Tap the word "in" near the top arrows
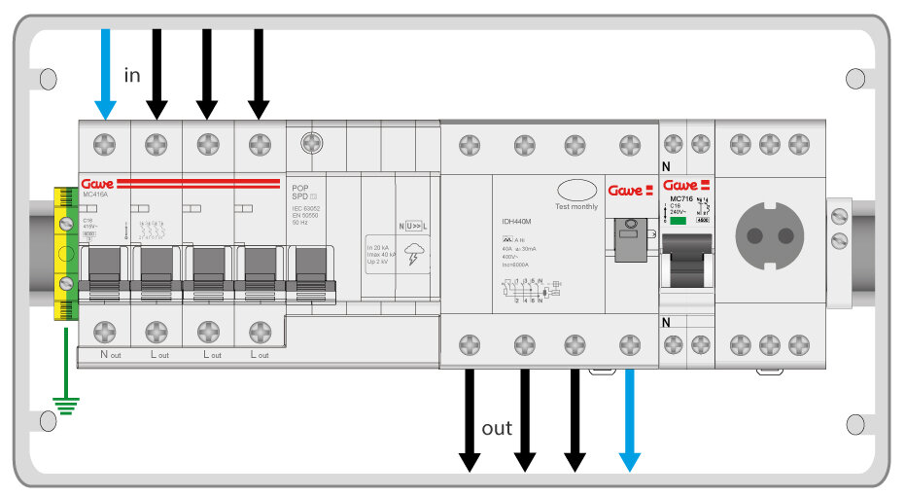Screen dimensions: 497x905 132,75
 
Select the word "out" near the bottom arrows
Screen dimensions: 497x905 497,428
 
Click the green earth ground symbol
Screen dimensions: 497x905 65,402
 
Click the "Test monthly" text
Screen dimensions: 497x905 576,206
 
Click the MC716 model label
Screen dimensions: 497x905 681,198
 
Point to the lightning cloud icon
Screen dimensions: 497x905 415,255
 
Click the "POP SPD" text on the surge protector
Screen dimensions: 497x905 300,190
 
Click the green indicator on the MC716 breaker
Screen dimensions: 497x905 679,221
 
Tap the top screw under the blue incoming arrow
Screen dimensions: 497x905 105,145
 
